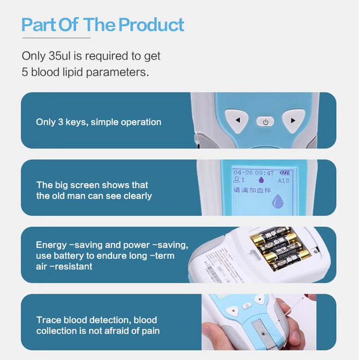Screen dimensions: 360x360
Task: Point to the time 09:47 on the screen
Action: tap(264, 173)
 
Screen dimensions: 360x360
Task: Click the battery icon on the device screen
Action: tap(284, 173)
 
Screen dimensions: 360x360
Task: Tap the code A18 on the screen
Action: tap(283, 181)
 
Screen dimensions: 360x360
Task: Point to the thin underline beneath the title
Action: tap(56, 38)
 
